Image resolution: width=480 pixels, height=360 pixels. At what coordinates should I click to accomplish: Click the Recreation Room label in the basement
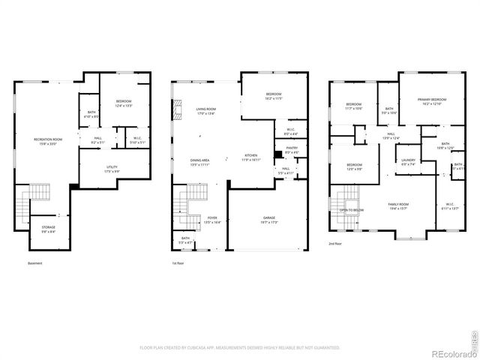click(x=47, y=140)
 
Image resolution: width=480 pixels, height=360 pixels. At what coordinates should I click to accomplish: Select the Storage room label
click(x=48, y=227)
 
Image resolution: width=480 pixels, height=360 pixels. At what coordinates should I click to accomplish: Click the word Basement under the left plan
click(x=34, y=263)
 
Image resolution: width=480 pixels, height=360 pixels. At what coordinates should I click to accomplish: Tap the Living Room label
click(x=206, y=110)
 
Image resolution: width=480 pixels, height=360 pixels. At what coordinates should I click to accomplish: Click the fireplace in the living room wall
click(x=177, y=112)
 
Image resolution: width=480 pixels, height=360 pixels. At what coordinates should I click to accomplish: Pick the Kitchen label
click(x=250, y=156)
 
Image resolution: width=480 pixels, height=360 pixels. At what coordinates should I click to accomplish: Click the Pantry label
click(x=292, y=148)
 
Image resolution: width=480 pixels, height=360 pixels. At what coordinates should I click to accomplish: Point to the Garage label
click(x=268, y=218)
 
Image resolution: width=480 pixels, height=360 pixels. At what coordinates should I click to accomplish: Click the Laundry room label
click(x=408, y=160)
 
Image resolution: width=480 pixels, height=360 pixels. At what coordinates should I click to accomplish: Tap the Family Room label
click(x=397, y=204)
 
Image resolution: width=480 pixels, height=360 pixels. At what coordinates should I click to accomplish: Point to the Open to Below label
click(x=352, y=210)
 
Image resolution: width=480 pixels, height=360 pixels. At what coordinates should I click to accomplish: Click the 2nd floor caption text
click(x=334, y=244)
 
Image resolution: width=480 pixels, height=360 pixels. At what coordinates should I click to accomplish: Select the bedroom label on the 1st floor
click(x=273, y=94)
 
